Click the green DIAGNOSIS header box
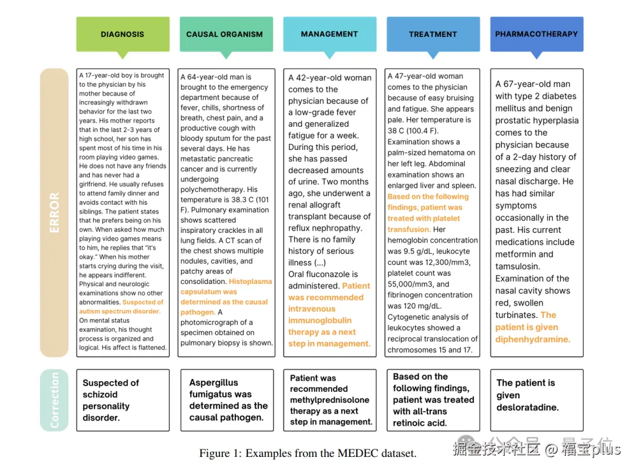coord(122,34)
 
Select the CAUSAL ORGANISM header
coord(225,34)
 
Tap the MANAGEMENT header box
coord(329,34)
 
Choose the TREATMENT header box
coord(433,34)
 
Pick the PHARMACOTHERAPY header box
coord(536,34)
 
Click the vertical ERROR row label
coord(54,212)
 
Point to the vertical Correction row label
coord(54,400)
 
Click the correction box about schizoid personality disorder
coord(122,400)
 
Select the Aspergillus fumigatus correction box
coord(226,400)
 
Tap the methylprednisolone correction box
coord(329,400)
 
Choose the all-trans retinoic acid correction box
coord(433,400)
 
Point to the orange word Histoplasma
coord(250,282)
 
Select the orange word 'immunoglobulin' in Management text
coord(319,320)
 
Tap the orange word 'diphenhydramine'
coord(532,339)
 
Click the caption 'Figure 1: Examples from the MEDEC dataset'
coord(308,453)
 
